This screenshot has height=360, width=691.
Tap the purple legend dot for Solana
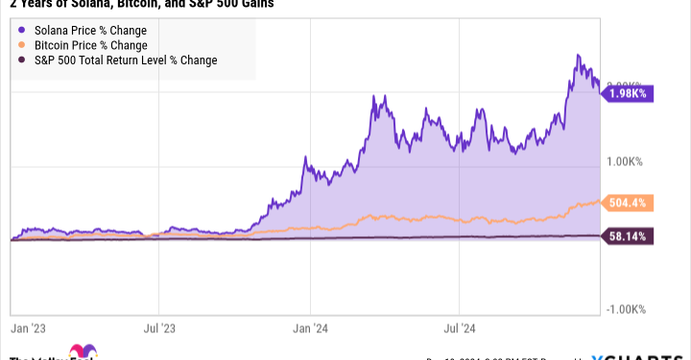tap(22, 30)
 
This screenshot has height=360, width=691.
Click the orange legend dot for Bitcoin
tap(22, 45)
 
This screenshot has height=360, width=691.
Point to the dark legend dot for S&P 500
tap(22, 60)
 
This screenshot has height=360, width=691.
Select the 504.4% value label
tap(630, 203)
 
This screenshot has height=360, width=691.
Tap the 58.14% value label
tap(630, 235)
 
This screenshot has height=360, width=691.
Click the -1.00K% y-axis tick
tap(627, 308)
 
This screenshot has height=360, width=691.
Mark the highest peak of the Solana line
tap(578, 56)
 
